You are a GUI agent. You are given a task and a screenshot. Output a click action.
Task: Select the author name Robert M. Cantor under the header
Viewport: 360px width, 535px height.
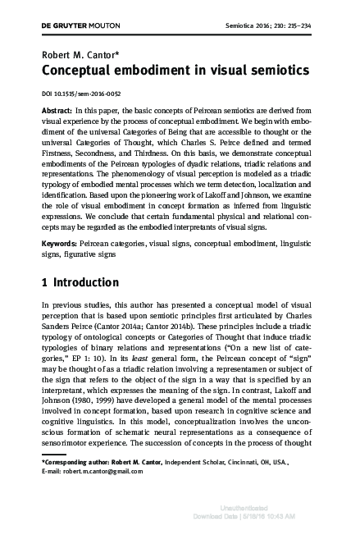(x=75, y=57)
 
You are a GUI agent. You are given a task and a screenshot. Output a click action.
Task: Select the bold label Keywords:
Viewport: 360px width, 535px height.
(x=59, y=221)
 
